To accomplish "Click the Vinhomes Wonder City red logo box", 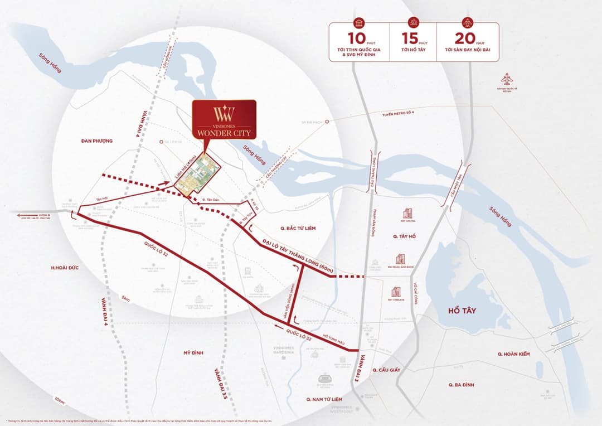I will [224, 119].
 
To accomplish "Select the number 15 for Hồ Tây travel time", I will [409, 39].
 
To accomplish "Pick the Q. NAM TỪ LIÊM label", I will [324, 400].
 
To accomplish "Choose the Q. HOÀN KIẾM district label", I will [513, 354].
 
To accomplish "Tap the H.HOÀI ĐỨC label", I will [65, 268].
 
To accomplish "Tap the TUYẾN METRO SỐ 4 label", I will [401, 114].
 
